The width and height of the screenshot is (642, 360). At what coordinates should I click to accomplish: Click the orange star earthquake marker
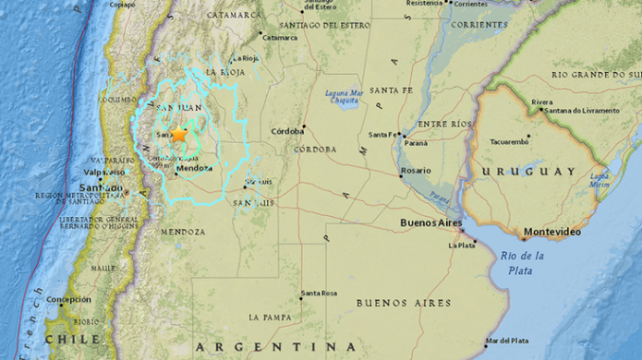(x=178, y=135)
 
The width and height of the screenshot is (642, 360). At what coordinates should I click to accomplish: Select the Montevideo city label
(x=551, y=232)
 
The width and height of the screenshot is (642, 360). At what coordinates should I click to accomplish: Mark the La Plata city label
(x=462, y=246)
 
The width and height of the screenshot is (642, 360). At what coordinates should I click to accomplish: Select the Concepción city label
(x=69, y=299)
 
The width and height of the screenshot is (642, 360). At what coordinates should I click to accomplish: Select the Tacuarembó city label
(x=509, y=141)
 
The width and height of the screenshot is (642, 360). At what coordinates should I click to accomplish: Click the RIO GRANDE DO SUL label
(x=596, y=74)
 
